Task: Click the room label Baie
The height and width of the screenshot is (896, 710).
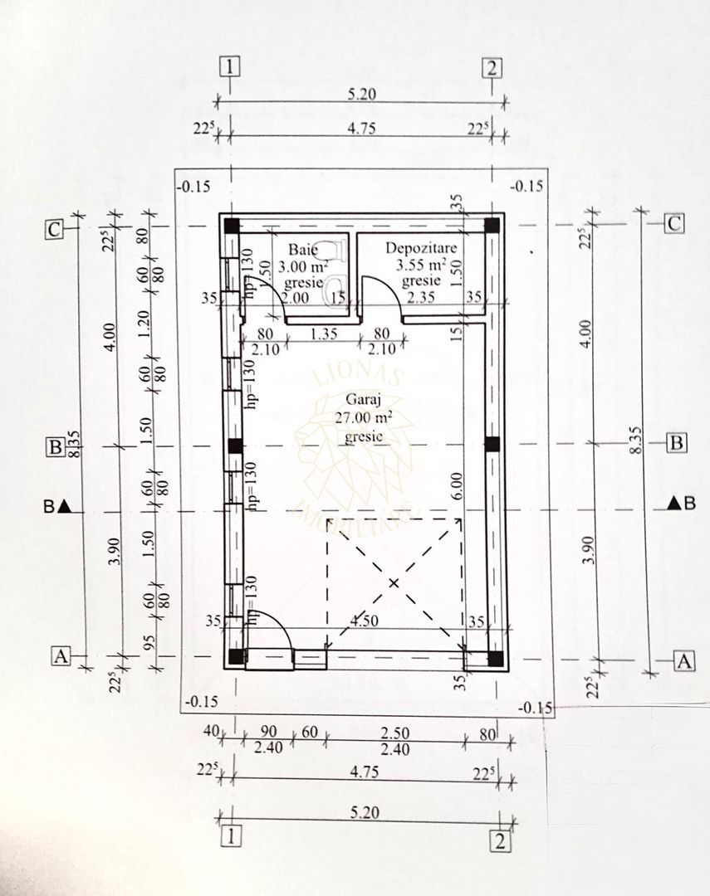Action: [302, 249]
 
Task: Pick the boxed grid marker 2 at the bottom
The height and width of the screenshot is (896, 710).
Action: [500, 840]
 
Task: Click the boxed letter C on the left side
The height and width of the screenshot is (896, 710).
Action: [54, 230]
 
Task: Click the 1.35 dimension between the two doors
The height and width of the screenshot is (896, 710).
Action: [322, 334]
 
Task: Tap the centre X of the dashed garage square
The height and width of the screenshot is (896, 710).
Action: [394, 583]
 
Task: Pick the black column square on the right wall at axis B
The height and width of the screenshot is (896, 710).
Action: [492, 444]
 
